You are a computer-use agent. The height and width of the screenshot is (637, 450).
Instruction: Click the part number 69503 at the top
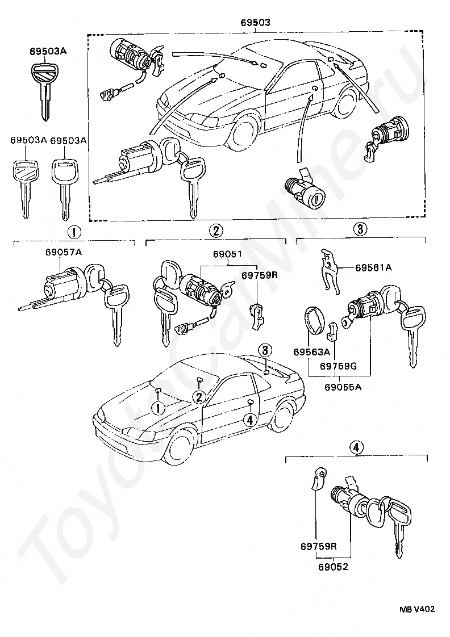pos(255,22)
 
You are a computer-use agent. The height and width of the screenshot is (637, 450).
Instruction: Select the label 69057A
pos(64,252)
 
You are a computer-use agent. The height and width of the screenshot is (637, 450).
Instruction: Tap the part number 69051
pos(227,254)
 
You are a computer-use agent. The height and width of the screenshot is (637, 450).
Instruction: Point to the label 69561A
pos(373,267)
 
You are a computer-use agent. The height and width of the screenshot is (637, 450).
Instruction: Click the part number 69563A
pos(312,351)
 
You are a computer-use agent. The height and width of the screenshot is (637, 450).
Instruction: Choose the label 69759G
pos(338,366)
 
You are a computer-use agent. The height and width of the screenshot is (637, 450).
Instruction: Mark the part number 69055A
pos(343,387)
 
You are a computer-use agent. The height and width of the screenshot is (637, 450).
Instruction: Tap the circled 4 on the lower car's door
pos(250,420)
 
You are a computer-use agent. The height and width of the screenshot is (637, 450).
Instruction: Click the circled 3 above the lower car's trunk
pos(265,350)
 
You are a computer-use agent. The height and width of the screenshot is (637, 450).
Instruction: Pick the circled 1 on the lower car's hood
pos(158,408)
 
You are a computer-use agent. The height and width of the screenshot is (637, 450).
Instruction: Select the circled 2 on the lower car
pos(199,397)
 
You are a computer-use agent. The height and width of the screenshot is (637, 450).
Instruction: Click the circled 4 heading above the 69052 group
pos(356,448)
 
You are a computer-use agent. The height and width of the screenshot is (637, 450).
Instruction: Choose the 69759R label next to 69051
pos(259,275)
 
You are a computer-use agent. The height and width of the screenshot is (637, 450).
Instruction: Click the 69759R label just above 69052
pos(319,546)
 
